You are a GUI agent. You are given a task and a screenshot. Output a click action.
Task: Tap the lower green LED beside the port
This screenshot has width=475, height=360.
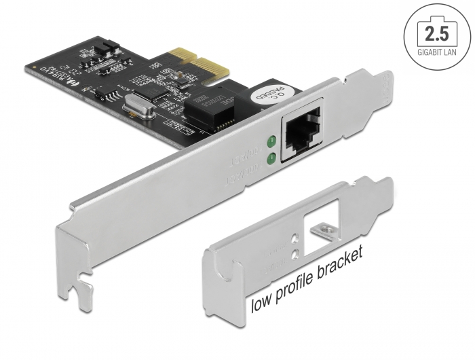coord(271,159)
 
